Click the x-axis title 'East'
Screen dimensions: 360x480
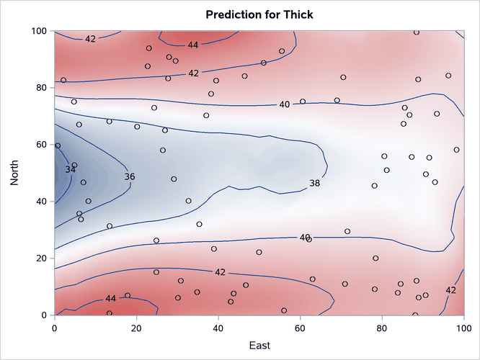point(259,346)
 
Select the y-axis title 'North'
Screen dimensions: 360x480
point(15,173)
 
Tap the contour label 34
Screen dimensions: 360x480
point(70,169)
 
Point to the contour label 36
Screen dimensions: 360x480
point(129,176)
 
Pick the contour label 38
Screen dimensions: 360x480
point(315,184)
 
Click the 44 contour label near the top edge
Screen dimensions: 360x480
point(193,45)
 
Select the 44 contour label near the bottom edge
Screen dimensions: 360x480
point(110,298)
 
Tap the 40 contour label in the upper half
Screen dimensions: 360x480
point(284,105)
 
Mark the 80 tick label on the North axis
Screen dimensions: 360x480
point(42,88)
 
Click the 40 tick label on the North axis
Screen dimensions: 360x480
point(42,202)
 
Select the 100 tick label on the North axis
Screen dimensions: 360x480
point(40,31)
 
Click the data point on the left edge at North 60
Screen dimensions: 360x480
point(58,145)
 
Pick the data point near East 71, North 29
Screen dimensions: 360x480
point(347,232)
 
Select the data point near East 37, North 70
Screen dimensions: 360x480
point(206,115)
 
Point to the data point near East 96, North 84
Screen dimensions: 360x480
point(448,76)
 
